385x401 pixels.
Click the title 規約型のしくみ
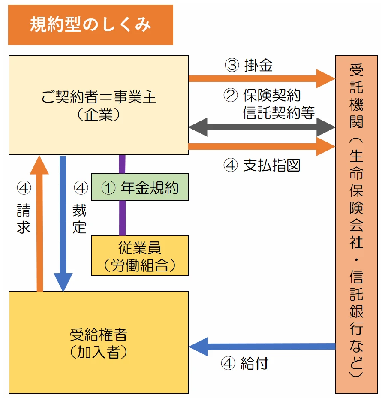90,25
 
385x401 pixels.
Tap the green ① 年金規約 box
140,187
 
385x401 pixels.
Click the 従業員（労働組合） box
140,256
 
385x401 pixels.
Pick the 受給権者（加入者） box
99,342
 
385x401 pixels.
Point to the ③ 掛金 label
249,65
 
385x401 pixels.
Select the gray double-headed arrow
262,127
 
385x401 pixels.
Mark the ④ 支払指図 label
262,166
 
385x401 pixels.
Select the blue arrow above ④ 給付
262,346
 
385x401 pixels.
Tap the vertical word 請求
24,218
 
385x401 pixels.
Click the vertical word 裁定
79,218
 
